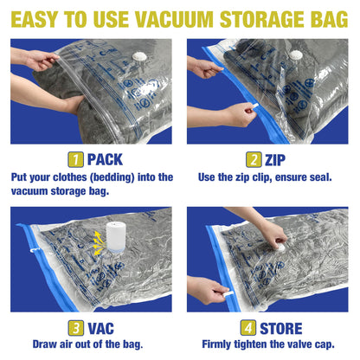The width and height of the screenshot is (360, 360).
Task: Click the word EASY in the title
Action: coord(40,16)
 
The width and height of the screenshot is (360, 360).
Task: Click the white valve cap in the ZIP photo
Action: coord(294,55)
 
